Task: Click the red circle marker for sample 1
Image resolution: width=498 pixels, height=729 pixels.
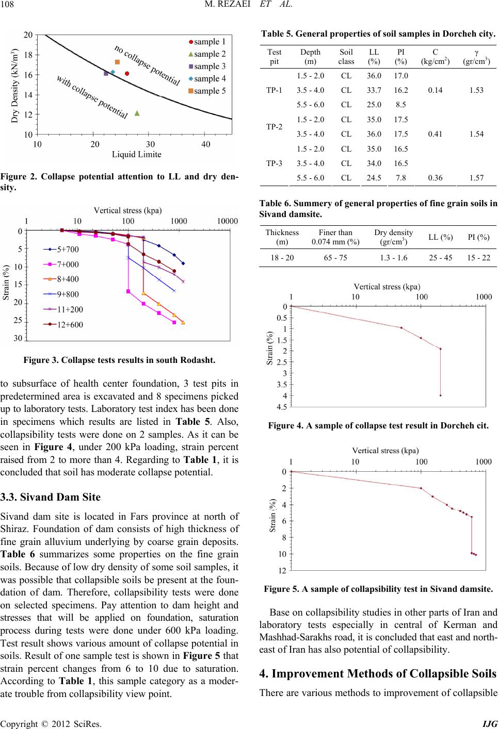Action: (127, 74)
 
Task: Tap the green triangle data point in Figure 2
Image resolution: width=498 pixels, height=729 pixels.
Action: (137, 113)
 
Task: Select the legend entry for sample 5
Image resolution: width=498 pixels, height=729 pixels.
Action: (207, 91)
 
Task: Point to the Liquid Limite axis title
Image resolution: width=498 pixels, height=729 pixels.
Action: (136, 154)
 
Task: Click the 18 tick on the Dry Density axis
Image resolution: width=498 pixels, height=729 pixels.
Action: (28, 55)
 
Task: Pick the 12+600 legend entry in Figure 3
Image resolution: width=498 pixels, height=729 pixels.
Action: (63, 324)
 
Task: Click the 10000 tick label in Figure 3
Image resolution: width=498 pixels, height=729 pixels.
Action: (228, 221)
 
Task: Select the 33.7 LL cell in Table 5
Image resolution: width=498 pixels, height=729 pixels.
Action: (374, 90)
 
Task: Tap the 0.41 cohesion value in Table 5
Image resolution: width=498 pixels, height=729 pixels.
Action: (435, 134)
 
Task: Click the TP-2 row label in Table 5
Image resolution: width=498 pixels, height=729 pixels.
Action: (274, 127)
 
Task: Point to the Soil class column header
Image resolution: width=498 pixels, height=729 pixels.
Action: (346, 57)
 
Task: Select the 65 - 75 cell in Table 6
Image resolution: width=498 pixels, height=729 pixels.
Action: (335, 258)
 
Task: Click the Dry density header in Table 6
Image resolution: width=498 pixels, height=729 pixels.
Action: (393, 237)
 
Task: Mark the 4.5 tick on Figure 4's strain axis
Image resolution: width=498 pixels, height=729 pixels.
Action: (282, 407)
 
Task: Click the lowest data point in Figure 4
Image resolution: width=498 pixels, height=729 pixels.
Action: (440, 395)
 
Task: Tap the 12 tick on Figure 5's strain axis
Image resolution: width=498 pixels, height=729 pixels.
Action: (282, 571)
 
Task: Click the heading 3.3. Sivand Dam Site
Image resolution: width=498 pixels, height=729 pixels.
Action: (51, 497)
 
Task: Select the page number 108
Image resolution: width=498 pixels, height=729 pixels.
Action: (7, 4)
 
